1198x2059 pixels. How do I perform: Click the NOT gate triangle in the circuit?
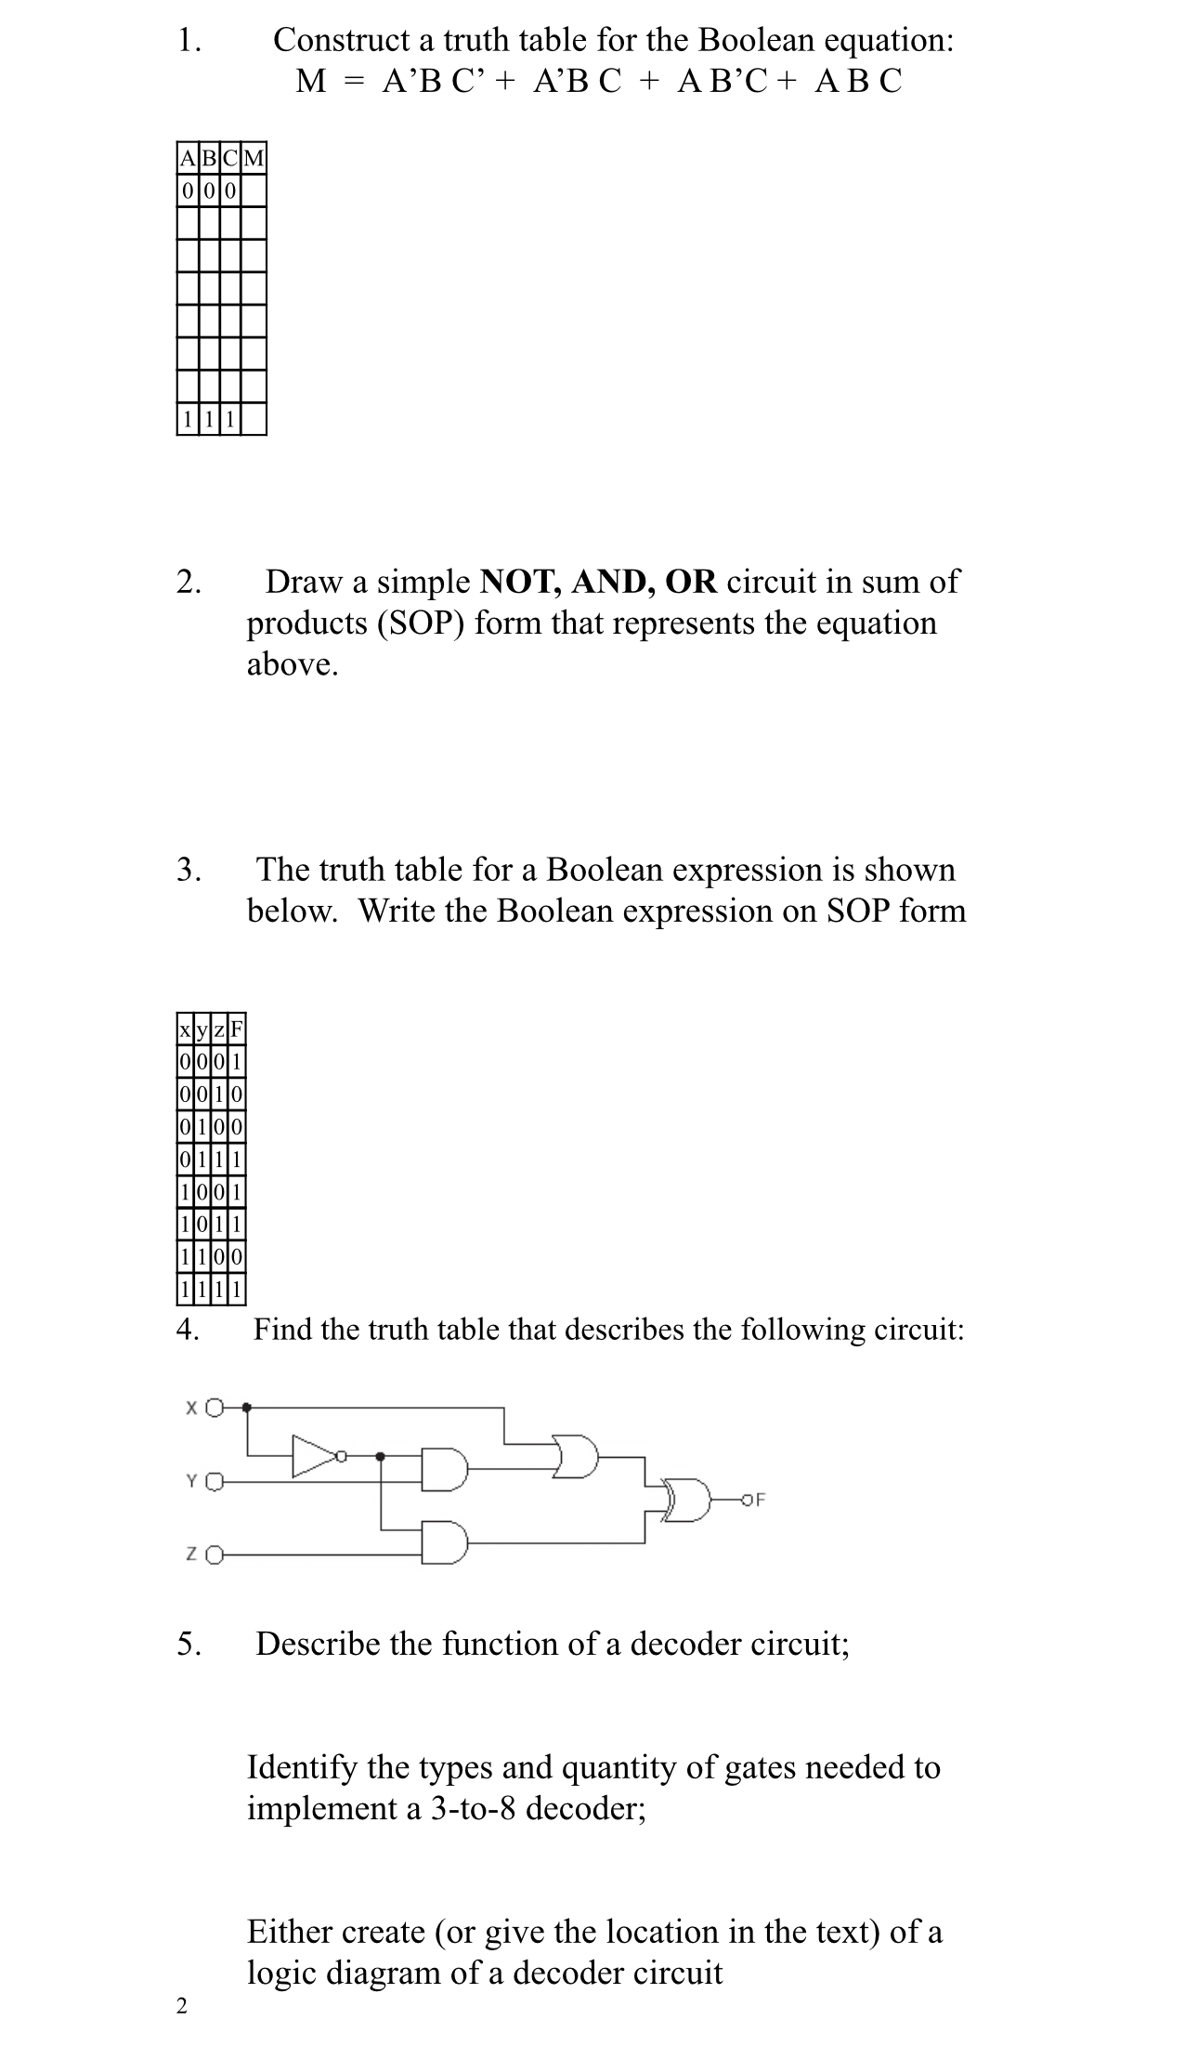(314, 1456)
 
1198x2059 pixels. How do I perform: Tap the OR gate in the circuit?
(576, 1455)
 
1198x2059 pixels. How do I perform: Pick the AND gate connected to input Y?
(444, 1469)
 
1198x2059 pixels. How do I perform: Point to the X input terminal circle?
(215, 1408)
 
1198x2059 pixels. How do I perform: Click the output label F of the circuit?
(760, 1499)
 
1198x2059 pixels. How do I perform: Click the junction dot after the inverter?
(380, 1456)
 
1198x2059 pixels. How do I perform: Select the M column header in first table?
(254, 158)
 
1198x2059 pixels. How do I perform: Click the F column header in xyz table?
(236, 1029)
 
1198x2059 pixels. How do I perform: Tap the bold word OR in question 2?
(691, 582)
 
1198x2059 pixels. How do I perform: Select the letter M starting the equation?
(311, 82)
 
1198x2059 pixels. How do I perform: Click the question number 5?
(189, 1644)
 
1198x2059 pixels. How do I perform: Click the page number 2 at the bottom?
(181, 2006)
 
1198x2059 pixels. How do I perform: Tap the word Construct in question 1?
(341, 40)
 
